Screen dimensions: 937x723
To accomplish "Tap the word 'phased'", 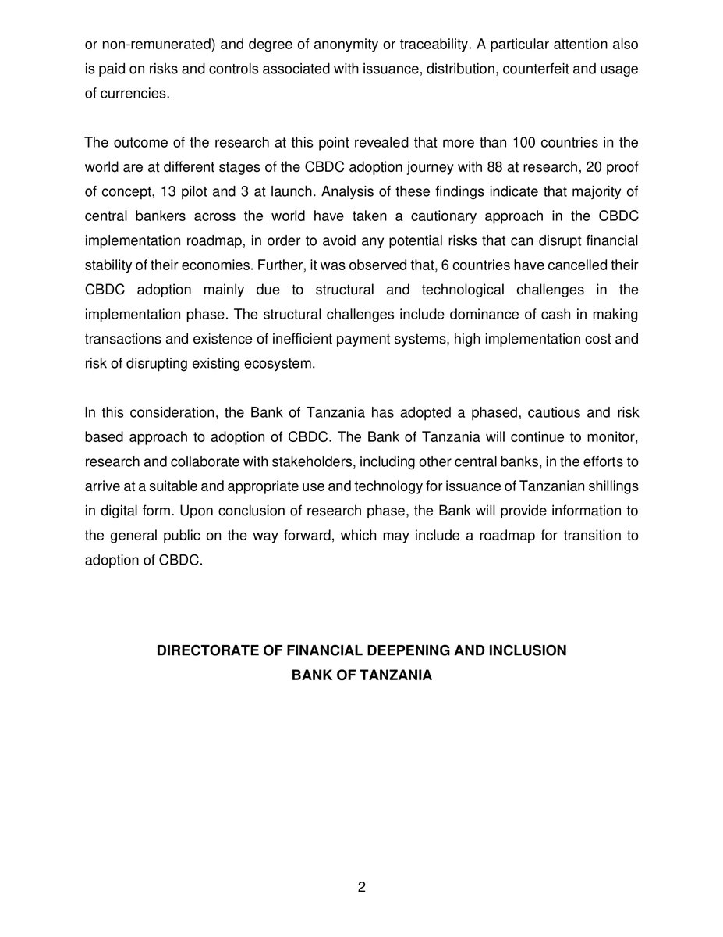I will tap(477, 412).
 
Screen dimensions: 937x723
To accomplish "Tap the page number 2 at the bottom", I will tap(361, 887).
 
